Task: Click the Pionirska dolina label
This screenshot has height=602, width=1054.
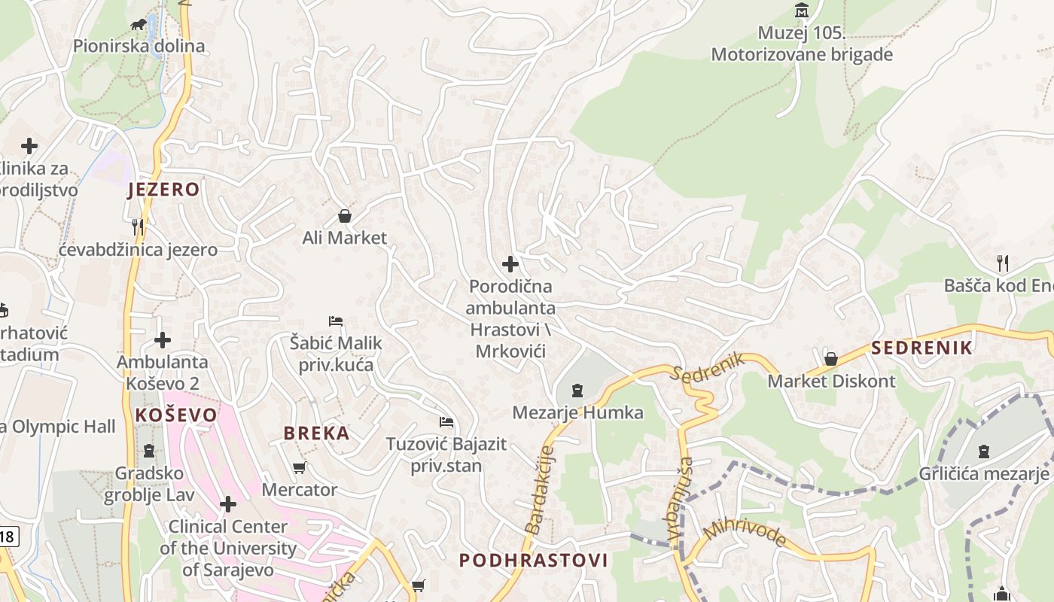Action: point(139,46)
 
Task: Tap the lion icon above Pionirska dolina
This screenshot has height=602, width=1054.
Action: point(139,25)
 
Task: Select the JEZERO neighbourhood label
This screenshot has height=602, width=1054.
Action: point(163,190)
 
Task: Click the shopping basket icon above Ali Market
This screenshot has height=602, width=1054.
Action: point(345,217)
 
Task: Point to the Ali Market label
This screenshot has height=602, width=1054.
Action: point(345,238)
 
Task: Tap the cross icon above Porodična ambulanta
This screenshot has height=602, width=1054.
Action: point(510,264)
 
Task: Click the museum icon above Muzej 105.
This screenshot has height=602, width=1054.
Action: point(802,11)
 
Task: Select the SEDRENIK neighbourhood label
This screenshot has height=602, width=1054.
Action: point(922,348)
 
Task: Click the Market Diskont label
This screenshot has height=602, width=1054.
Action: point(831,381)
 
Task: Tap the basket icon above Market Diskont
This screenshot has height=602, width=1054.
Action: point(831,359)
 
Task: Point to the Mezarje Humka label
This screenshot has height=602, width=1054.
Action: point(577,412)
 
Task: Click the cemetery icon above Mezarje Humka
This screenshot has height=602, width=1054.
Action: point(577,391)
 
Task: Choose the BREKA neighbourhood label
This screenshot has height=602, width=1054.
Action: point(316,433)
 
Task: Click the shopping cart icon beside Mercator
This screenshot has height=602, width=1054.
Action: point(299,468)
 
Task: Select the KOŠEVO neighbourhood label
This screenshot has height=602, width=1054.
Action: point(176,415)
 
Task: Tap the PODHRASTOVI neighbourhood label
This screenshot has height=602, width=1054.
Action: point(533,561)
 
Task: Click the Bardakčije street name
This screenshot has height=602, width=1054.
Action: point(540,490)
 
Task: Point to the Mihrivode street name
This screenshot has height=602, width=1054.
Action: point(745,532)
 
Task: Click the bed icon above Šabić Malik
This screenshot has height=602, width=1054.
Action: point(336,321)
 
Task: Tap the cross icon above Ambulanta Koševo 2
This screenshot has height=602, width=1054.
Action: point(163,341)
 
